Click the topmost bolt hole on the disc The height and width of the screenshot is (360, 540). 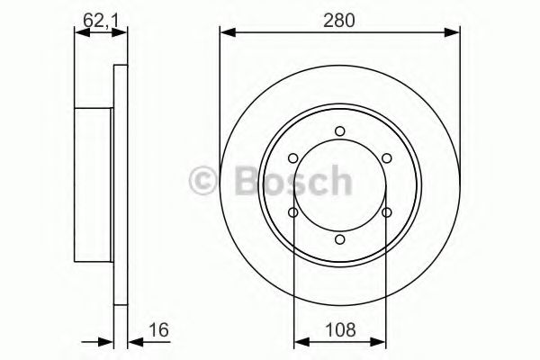339,131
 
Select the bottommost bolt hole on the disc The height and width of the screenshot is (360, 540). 339,239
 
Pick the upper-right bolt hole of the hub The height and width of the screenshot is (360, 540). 386,158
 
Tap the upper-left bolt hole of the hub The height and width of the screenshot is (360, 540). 293,158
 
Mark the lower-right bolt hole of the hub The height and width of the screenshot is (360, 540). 386,212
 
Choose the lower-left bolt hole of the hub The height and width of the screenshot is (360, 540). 293,212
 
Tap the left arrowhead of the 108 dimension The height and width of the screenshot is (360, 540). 300,340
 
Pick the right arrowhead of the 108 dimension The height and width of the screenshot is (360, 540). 380,340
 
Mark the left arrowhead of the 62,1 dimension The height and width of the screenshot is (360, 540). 78,33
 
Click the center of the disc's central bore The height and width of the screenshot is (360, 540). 339,185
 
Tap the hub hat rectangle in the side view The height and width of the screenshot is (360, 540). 93,185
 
